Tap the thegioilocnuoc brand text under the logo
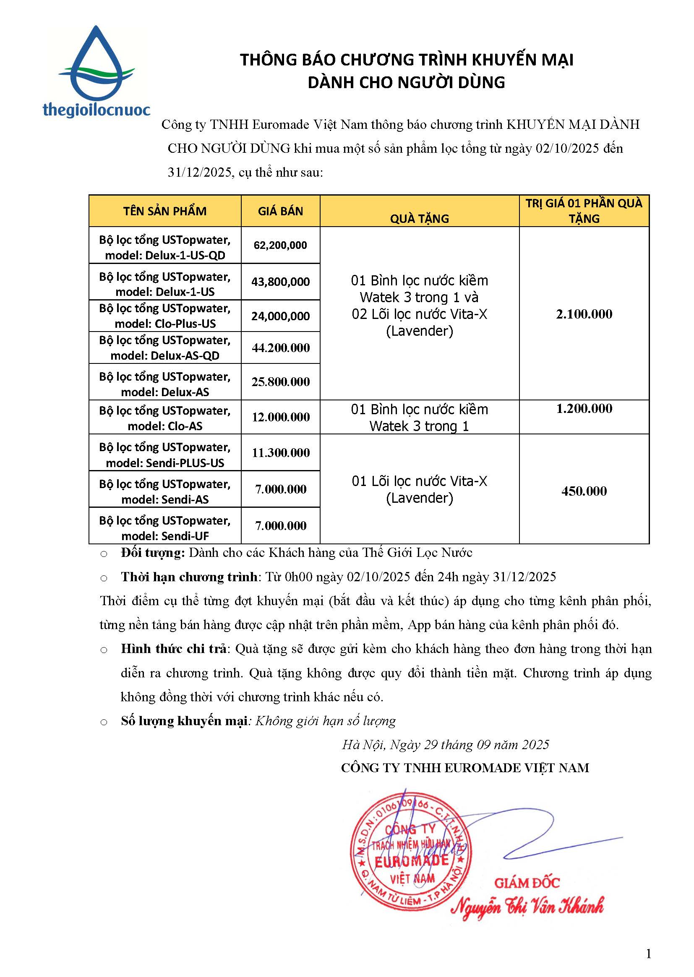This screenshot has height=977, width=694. [x=97, y=110]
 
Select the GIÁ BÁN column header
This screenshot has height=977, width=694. [x=280, y=211]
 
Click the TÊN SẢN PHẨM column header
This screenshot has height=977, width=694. [x=165, y=211]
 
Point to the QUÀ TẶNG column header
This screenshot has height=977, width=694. [x=419, y=218]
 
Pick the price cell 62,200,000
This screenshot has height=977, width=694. [x=280, y=246]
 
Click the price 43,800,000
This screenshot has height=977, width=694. [x=280, y=282]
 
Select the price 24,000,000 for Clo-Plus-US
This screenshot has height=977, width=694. [x=280, y=316]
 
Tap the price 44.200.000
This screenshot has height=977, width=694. [x=280, y=348]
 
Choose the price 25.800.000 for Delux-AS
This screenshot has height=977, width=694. [x=280, y=382]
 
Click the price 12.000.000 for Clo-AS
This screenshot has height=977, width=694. [x=280, y=417]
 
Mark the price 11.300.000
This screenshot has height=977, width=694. [x=280, y=453]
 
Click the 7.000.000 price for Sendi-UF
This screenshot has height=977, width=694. [x=280, y=526]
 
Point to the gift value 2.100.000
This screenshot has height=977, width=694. [x=584, y=314]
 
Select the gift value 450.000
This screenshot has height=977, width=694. [x=584, y=491]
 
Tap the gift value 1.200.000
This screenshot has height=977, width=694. [x=584, y=409]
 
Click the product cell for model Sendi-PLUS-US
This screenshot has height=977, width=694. [x=165, y=455]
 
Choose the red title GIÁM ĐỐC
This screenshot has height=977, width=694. [x=527, y=883]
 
